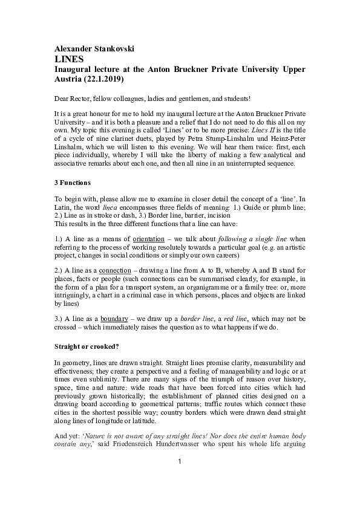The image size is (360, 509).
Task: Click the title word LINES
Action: point(68,60)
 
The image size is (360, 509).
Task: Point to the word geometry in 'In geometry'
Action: point(77,363)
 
